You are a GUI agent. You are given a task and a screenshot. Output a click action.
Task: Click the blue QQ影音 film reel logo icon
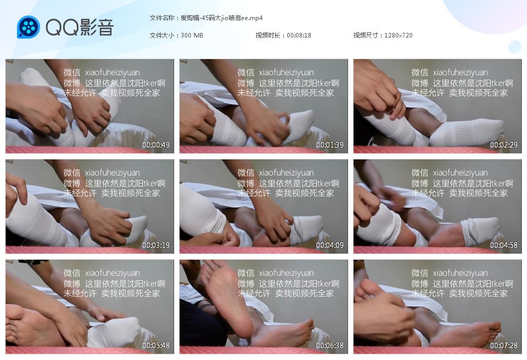(x=28, y=27)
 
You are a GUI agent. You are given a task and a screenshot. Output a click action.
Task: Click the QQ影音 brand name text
(x=80, y=27)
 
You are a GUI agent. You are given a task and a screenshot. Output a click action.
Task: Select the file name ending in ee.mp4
(x=221, y=18)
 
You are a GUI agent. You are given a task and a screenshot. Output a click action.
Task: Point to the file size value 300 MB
(x=192, y=35)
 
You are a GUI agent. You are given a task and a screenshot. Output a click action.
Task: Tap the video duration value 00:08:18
(x=299, y=35)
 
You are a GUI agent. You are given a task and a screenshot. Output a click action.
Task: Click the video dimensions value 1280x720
(x=398, y=35)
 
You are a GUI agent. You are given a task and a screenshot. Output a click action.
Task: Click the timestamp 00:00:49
(x=156, y=145)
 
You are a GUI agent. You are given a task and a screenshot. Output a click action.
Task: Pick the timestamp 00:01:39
(x=330, y=145)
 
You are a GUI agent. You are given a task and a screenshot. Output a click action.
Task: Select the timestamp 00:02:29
(x=503, y=145)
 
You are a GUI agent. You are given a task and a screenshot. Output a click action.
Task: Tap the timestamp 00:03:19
(x=156, y=245)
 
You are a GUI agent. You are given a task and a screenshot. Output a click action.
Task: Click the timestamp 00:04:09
(x=330, y=245)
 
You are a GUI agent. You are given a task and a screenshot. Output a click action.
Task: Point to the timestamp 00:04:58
(x=503, y=245)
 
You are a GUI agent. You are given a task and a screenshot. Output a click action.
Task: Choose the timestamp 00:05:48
(x=156, y=345)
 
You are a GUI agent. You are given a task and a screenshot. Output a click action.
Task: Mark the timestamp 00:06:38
(x=330, y=345)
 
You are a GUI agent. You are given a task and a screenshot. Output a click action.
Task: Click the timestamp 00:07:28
(x=503, y=345)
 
